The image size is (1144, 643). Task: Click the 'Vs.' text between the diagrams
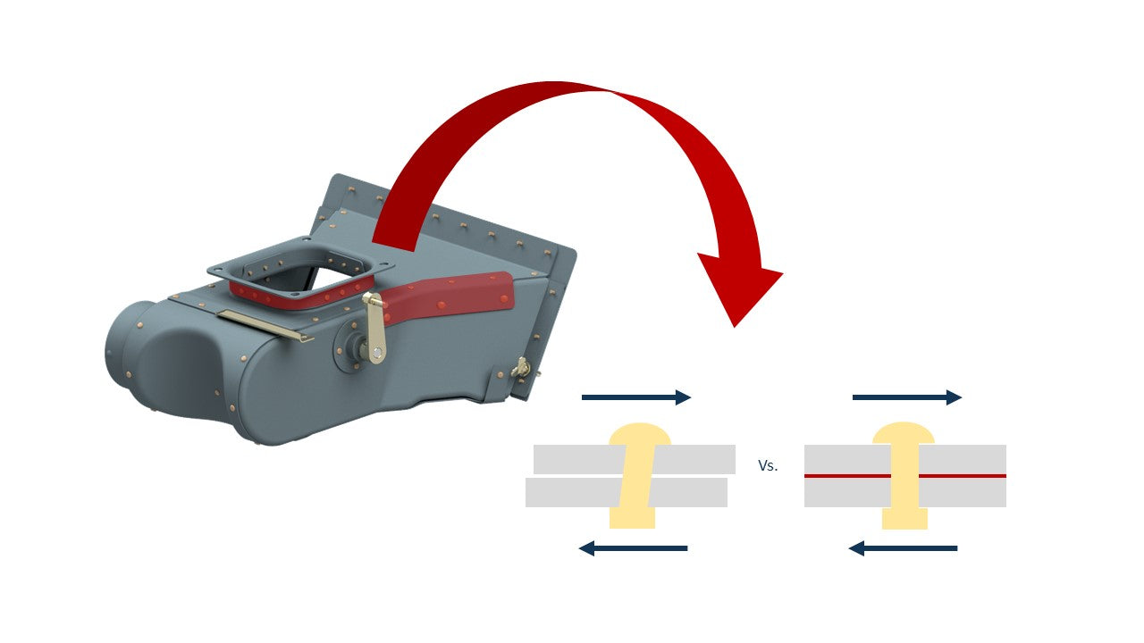768,466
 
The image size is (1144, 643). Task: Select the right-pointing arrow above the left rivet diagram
635,397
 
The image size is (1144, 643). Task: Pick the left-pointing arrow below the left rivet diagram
634,547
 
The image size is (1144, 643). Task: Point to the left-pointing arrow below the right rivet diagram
903,547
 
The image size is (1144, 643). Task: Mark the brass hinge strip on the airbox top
265,324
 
